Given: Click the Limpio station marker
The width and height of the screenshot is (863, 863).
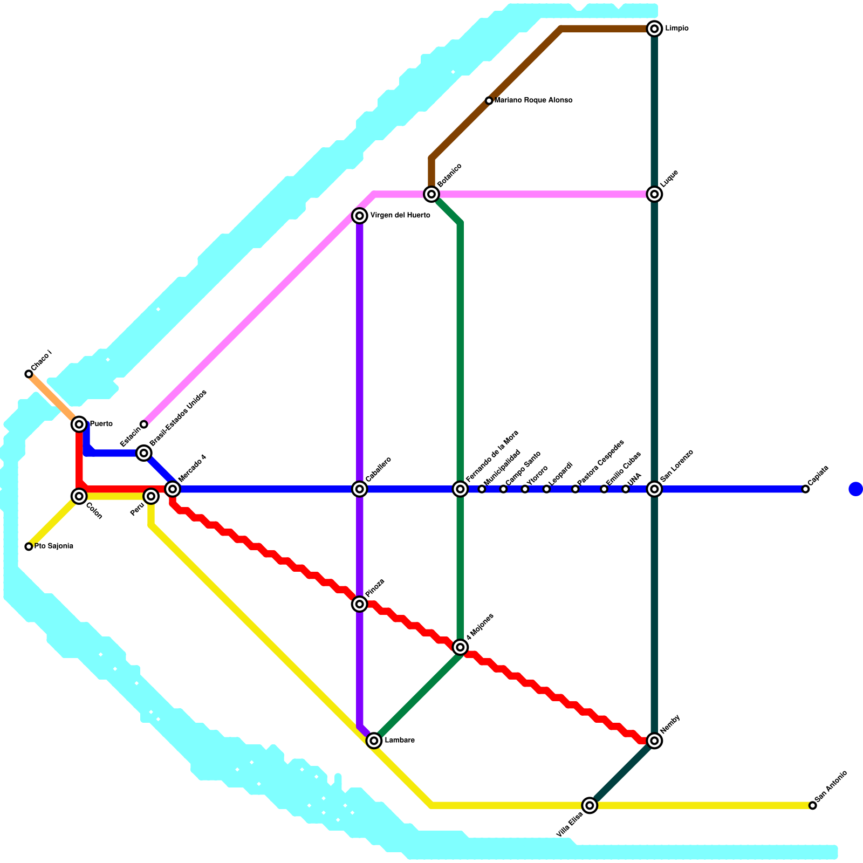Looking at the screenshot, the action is pos(654,29).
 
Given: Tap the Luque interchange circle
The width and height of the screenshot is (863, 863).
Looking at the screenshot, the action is pos(654,194).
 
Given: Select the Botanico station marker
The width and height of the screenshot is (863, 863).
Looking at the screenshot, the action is pos(431,194).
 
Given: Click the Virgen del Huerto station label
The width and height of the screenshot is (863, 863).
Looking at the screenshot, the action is pos(400,216).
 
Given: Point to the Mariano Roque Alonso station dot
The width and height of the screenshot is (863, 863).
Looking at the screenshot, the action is pos(489,101).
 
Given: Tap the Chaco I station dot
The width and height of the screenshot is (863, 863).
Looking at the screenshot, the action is pos(29,374).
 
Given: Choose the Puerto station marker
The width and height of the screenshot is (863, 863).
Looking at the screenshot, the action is pos(79,424).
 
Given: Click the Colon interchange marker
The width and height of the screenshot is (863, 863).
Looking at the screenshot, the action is pos(79,496).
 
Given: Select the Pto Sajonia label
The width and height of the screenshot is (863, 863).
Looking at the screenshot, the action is pos(53,546).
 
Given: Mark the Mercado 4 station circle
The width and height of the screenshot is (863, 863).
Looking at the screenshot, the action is pos(173,489).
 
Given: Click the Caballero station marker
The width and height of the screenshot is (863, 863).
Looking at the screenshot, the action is pos(360,489).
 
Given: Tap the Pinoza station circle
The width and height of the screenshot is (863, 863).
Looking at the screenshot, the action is pos(360,604).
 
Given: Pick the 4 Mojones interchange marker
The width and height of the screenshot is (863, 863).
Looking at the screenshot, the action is pos(460,647).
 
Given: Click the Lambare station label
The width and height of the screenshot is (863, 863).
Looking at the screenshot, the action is pos(400,741).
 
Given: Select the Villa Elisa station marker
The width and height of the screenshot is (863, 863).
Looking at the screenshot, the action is pos(590,805).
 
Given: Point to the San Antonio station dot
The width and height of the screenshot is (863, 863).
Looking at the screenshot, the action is pos(812,806).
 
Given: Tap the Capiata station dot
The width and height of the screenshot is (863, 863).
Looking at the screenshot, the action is pos(805,489).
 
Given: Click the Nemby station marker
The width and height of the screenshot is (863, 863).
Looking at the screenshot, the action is pos(654,741).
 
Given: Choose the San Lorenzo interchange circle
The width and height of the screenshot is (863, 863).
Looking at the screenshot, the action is pos(654,489).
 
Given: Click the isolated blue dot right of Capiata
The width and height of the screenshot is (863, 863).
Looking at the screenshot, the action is pos(855,489).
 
